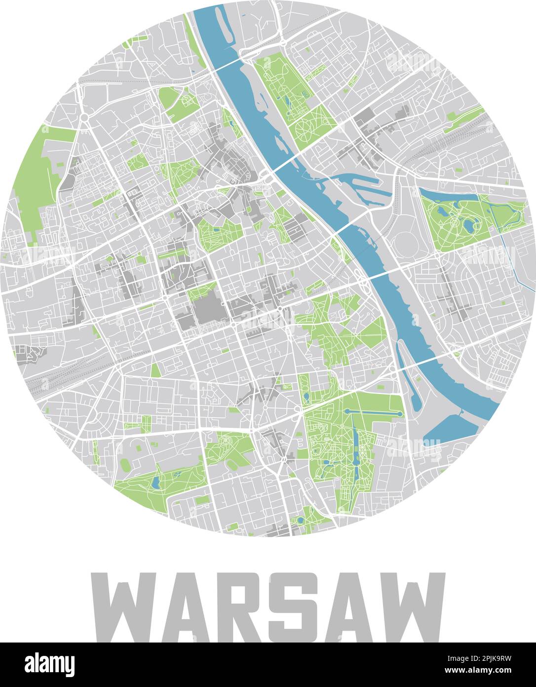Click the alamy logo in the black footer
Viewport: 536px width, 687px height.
49,665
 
